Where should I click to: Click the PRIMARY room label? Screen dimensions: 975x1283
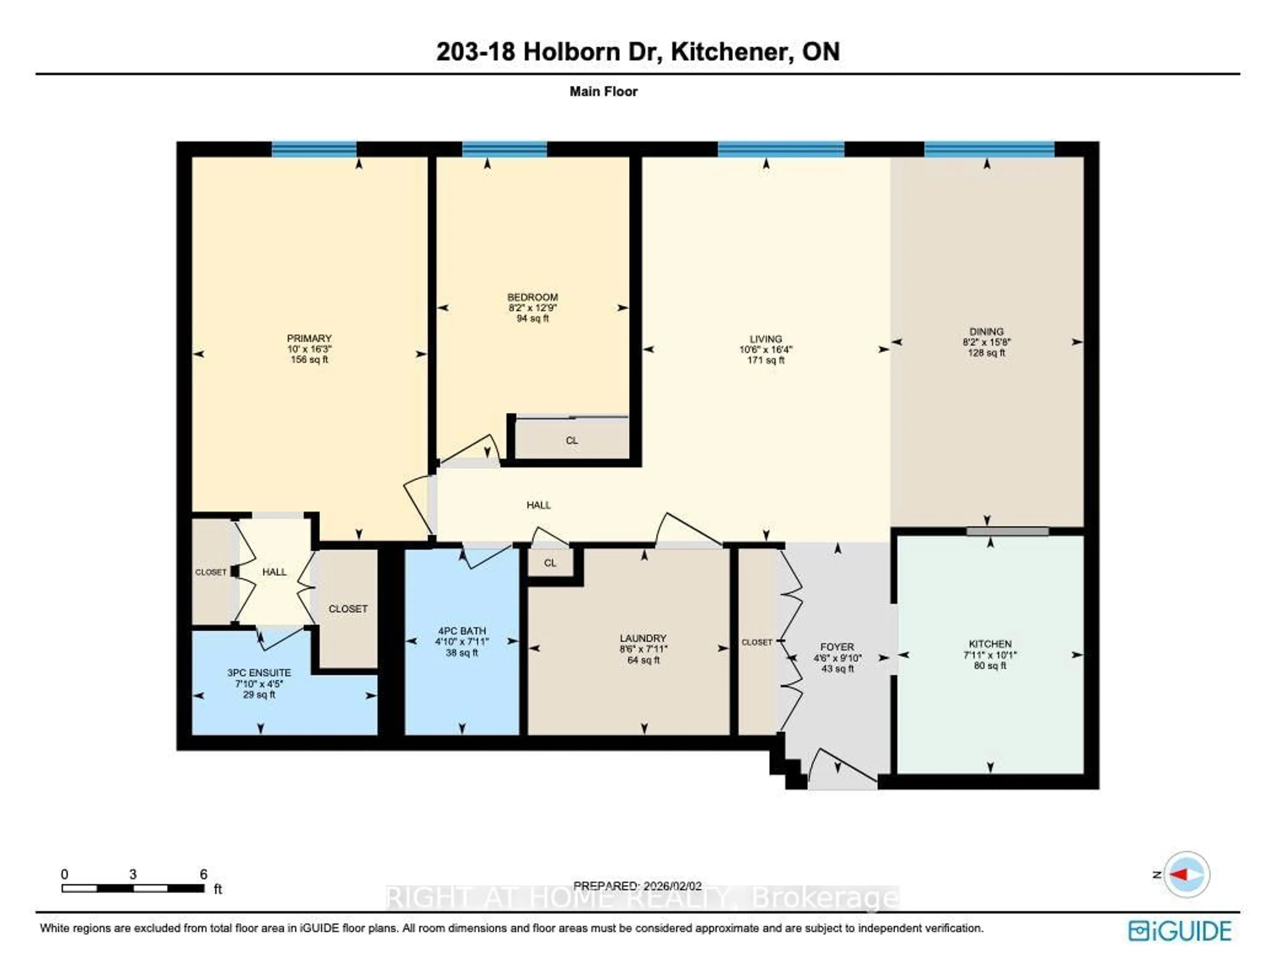click(x=309, y=338)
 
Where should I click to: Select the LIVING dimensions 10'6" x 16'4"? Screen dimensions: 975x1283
click(x=766, y=349)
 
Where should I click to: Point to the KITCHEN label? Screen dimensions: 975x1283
click(x=990, y=644)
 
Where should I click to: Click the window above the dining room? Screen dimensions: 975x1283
click(x=989, y=149)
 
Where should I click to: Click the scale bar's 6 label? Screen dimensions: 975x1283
click(x=203, y=874)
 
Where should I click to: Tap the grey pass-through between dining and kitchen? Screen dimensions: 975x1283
click(x=1007, y=531)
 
